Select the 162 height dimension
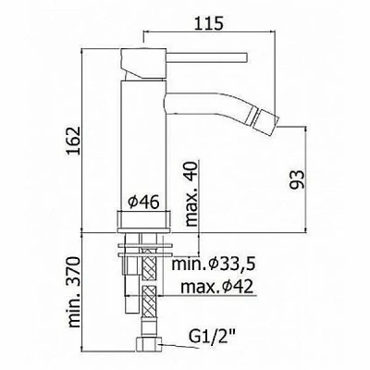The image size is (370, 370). click(73, 141)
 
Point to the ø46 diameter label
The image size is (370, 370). click(143, 203)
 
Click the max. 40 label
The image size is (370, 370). click(191, 194)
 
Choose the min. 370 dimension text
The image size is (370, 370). click(74, 291)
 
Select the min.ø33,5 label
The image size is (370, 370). click(214, 265)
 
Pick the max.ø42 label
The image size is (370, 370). click(217, 288)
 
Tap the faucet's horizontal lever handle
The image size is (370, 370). click(207, 58)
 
